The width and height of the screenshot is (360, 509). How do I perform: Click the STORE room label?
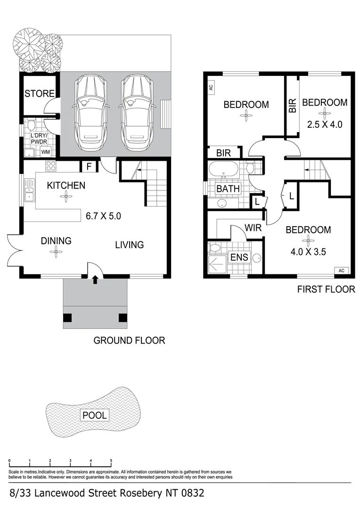tap(40, 93)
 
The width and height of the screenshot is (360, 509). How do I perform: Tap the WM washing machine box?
tap(46, 152)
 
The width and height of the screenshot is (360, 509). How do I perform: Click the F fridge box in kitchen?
tap(89, 166)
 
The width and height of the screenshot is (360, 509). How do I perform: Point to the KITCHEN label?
tap(66, 185)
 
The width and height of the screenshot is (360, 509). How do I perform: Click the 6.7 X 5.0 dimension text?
tap(104, 217)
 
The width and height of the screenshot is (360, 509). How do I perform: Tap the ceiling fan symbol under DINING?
tap(56, 253)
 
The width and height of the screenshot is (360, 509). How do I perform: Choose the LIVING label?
tap(130, 245)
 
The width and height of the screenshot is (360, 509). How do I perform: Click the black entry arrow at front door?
tap(95, 280)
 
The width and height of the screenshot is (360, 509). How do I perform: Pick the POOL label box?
tap(95, 415)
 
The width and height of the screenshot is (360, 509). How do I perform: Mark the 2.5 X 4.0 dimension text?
tap(324, 125)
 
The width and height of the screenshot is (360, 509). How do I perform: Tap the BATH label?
tap(228, 189)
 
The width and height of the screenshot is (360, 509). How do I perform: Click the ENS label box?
tap(239, 257)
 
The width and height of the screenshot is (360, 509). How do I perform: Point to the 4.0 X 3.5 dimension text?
tap(308, 251)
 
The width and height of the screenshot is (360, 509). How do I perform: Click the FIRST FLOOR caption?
tap(326, 289)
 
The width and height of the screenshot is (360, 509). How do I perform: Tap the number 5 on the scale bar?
tap(111, 461)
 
